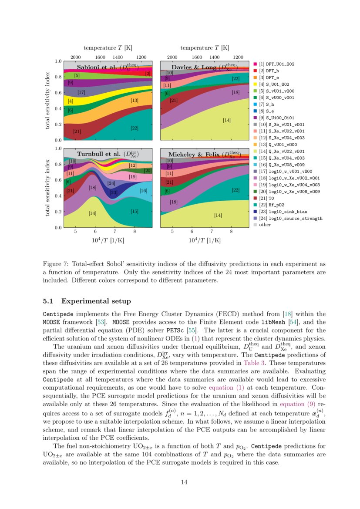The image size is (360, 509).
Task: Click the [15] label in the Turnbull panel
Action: pos(134,211)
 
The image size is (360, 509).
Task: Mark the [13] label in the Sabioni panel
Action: pos(134,101)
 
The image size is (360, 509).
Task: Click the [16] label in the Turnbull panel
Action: pos(143,191)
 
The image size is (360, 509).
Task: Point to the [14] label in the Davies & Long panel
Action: pos(226,120)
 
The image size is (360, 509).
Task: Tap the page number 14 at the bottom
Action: pos(184,482)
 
